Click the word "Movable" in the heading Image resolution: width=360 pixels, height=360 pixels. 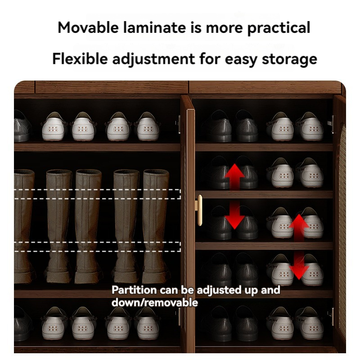coord(88,27)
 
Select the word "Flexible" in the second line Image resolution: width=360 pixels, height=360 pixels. coord(80,58)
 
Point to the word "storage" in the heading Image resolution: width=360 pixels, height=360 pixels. coord(289,60)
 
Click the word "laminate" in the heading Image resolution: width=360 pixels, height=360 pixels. coord(154,27)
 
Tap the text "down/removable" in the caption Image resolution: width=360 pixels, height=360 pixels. coord(154,302)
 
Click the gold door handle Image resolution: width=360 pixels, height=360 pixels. coord(199,210)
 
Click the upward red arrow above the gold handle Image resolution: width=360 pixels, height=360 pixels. coord(234,176)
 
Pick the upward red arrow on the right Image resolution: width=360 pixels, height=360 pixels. coord(298,228)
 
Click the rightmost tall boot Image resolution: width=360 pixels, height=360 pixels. coord(156,226)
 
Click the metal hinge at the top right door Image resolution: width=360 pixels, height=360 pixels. coord(331,124)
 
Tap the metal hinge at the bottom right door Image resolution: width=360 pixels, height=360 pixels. coord(331,316)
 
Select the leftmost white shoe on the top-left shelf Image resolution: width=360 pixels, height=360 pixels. coord(54,127)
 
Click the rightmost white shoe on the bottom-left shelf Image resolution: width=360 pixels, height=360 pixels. coord(147,324)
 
